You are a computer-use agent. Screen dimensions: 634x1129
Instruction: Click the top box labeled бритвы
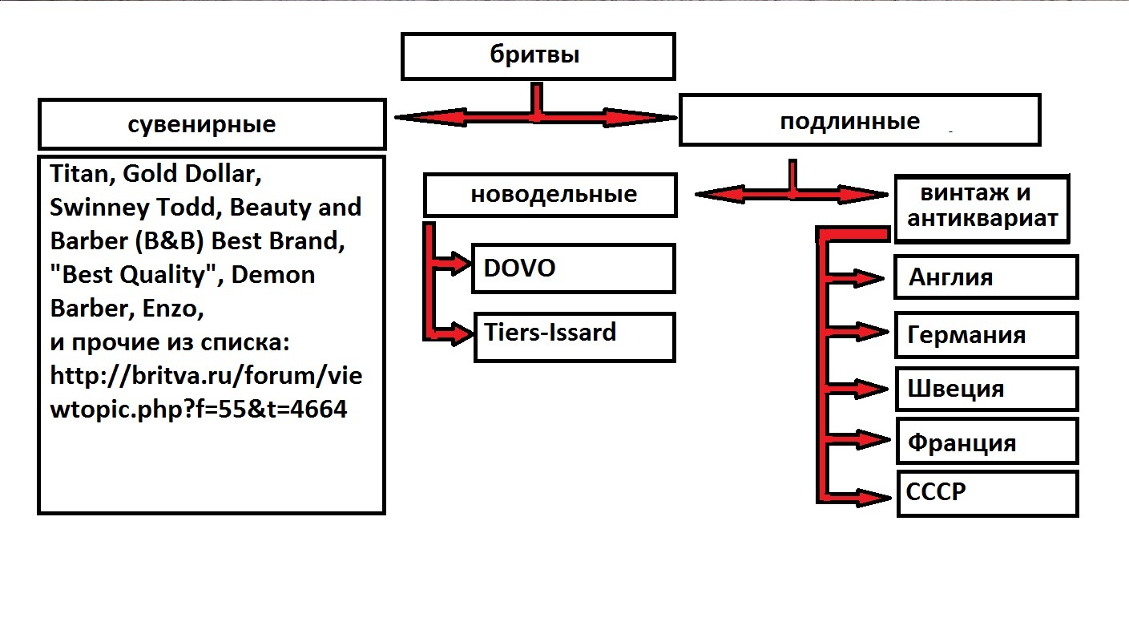(538, 56)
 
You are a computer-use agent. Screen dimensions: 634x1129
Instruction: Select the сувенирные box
(212, 124)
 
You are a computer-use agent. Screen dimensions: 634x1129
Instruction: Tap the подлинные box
(859, 120)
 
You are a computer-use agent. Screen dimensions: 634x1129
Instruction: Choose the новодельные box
(550, 195)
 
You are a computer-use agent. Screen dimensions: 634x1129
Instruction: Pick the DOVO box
(573, 269)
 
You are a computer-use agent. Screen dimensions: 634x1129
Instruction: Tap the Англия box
(986, 277)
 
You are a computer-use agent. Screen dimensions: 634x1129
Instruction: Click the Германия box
(986, 334)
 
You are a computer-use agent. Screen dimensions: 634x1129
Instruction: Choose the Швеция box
(986, 390)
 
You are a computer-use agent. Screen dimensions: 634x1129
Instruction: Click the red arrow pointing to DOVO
(453, 263)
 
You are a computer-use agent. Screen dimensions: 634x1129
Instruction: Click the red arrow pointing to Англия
(861, 278)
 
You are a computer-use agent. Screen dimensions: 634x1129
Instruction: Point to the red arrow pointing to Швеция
(861, 389)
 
